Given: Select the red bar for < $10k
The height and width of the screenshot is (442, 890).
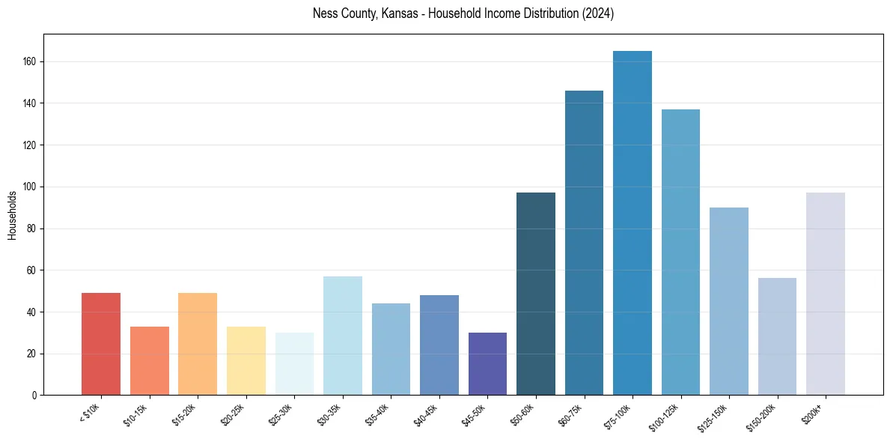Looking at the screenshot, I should (x=101, y=344).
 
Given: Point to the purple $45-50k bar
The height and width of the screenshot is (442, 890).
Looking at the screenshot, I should (x=487, y=364).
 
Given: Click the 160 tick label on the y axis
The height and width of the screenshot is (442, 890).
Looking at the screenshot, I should (x=29, y=61).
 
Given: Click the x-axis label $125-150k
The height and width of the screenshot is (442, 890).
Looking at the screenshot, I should (x=719, y=414).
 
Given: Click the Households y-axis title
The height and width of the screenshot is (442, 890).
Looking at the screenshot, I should (x=13, y=215).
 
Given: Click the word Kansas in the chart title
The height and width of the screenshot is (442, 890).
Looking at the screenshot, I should (x=393, y=13).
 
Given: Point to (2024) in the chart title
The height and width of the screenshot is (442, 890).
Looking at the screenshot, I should (x=599, y=13).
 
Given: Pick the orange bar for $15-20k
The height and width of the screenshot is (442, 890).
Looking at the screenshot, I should (x=198, y=344).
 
